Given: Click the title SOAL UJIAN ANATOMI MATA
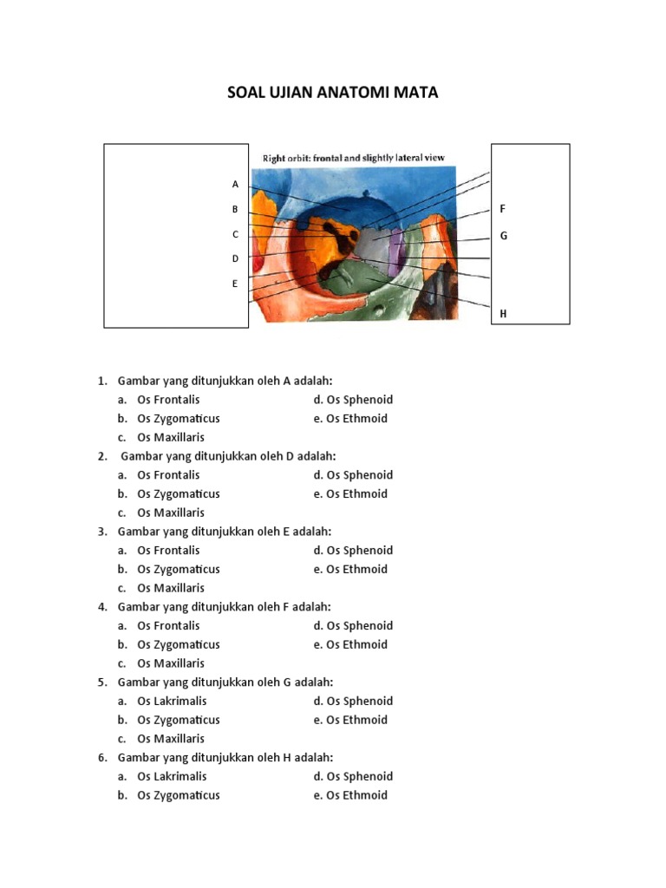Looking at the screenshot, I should (333, 92).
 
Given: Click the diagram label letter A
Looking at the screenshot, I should (235, 184).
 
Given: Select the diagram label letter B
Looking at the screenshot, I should (235, 209).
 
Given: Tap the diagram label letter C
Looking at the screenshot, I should (235, 234).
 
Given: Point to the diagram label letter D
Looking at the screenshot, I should (235, 258).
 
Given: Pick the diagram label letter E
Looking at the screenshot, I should (235, 283).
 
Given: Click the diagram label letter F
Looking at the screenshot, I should (503, 209).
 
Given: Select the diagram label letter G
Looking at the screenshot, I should (503, 236).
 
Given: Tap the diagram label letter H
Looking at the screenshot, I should (503, 314).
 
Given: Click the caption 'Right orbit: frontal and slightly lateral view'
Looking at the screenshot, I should (353, 158).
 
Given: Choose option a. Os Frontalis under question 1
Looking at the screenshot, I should (168, 400).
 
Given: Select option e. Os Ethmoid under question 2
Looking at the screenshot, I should (356, 493).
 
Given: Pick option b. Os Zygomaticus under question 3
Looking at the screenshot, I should (178, 569).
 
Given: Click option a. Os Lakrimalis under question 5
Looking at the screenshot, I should (172, 701).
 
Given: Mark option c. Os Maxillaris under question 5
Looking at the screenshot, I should (171, 739).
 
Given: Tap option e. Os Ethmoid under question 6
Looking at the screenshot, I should (356, 795).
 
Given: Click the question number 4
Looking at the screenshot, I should (102, 607).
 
